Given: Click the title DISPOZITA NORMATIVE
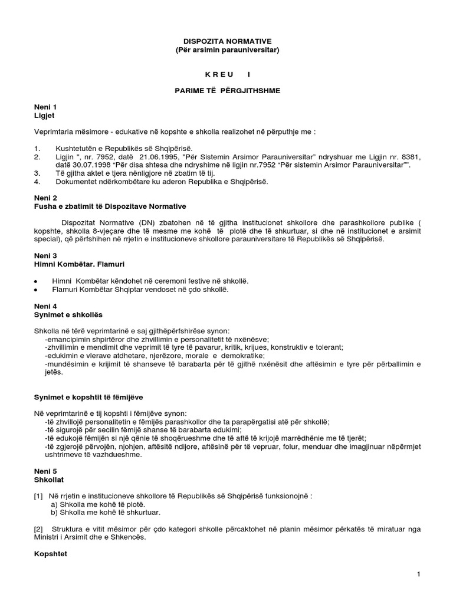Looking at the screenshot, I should (226, 41).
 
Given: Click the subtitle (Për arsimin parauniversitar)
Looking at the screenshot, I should (227, 50).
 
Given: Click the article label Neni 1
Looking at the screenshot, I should (45, 107).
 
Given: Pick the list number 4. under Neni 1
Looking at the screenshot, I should (38, 182).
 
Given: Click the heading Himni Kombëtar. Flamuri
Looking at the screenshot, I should (80, 264).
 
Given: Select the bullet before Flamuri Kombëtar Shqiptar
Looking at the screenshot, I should (37, 290).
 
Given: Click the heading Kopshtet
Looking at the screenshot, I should (50, 554).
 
